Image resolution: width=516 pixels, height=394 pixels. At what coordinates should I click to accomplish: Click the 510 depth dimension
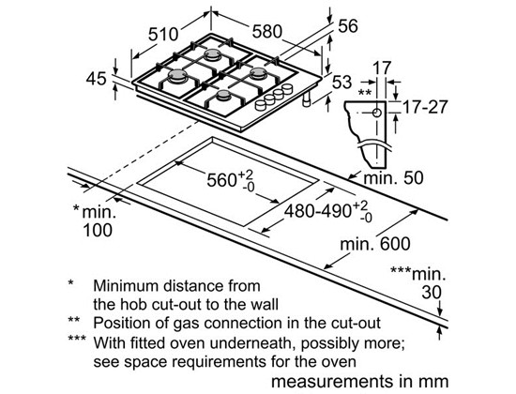[x=163, y=34]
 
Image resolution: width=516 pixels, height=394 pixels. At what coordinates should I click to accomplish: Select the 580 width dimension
[x=267, y=32]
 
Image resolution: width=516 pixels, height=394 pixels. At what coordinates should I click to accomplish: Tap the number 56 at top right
[x=348, y=26]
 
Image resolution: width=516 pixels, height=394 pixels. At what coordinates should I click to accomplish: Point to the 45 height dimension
[x=96, y=79]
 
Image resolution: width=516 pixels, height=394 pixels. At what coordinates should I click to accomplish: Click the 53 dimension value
[x=341, y=82]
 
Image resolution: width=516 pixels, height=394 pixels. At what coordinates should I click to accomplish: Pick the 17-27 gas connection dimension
[x=425, y=107]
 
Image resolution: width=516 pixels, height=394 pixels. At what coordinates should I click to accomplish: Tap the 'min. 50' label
[x=393, y=178]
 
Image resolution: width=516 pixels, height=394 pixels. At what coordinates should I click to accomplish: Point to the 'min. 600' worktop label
[x=375, y=244]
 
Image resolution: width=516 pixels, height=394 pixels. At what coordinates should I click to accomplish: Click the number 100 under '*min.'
[x=98, y=230]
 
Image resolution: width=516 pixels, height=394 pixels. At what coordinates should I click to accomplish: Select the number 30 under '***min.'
[x=432, y=292]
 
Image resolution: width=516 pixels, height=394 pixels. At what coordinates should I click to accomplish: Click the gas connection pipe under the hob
[x=307, y=99]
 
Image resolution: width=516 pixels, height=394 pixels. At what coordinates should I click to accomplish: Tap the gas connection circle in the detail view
[x=377, y=113]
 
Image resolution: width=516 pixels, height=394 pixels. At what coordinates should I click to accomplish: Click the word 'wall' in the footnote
[x=265, y=305]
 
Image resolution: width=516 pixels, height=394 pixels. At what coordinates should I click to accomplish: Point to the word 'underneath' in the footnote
[x=251, y=343]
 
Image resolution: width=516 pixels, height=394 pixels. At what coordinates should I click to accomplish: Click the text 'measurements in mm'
[x=359, y=382]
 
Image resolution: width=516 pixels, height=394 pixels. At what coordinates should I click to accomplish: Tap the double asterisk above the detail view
[x=365, y=93]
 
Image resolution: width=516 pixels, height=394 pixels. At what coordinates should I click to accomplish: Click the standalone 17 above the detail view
[x=382, y=68]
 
